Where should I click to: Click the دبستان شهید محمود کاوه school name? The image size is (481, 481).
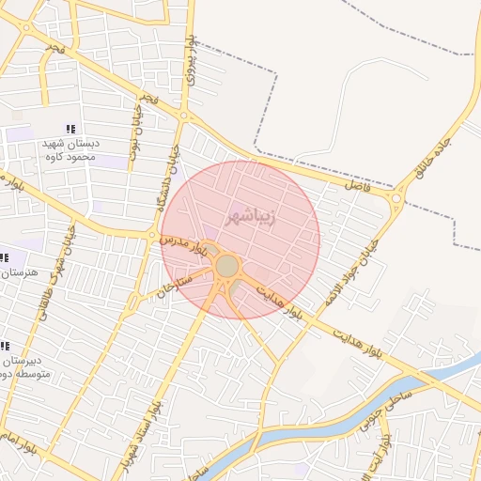(x=70, y=150)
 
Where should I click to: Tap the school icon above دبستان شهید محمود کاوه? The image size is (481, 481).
(x=70, y=129)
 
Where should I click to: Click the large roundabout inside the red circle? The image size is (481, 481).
(x=226, y=267)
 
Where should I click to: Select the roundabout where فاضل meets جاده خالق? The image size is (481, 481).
(x=397, y=197)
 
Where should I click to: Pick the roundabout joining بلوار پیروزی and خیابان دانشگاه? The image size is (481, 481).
(x=184, y=116)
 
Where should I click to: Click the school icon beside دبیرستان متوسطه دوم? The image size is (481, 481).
(x=4, y=347)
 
